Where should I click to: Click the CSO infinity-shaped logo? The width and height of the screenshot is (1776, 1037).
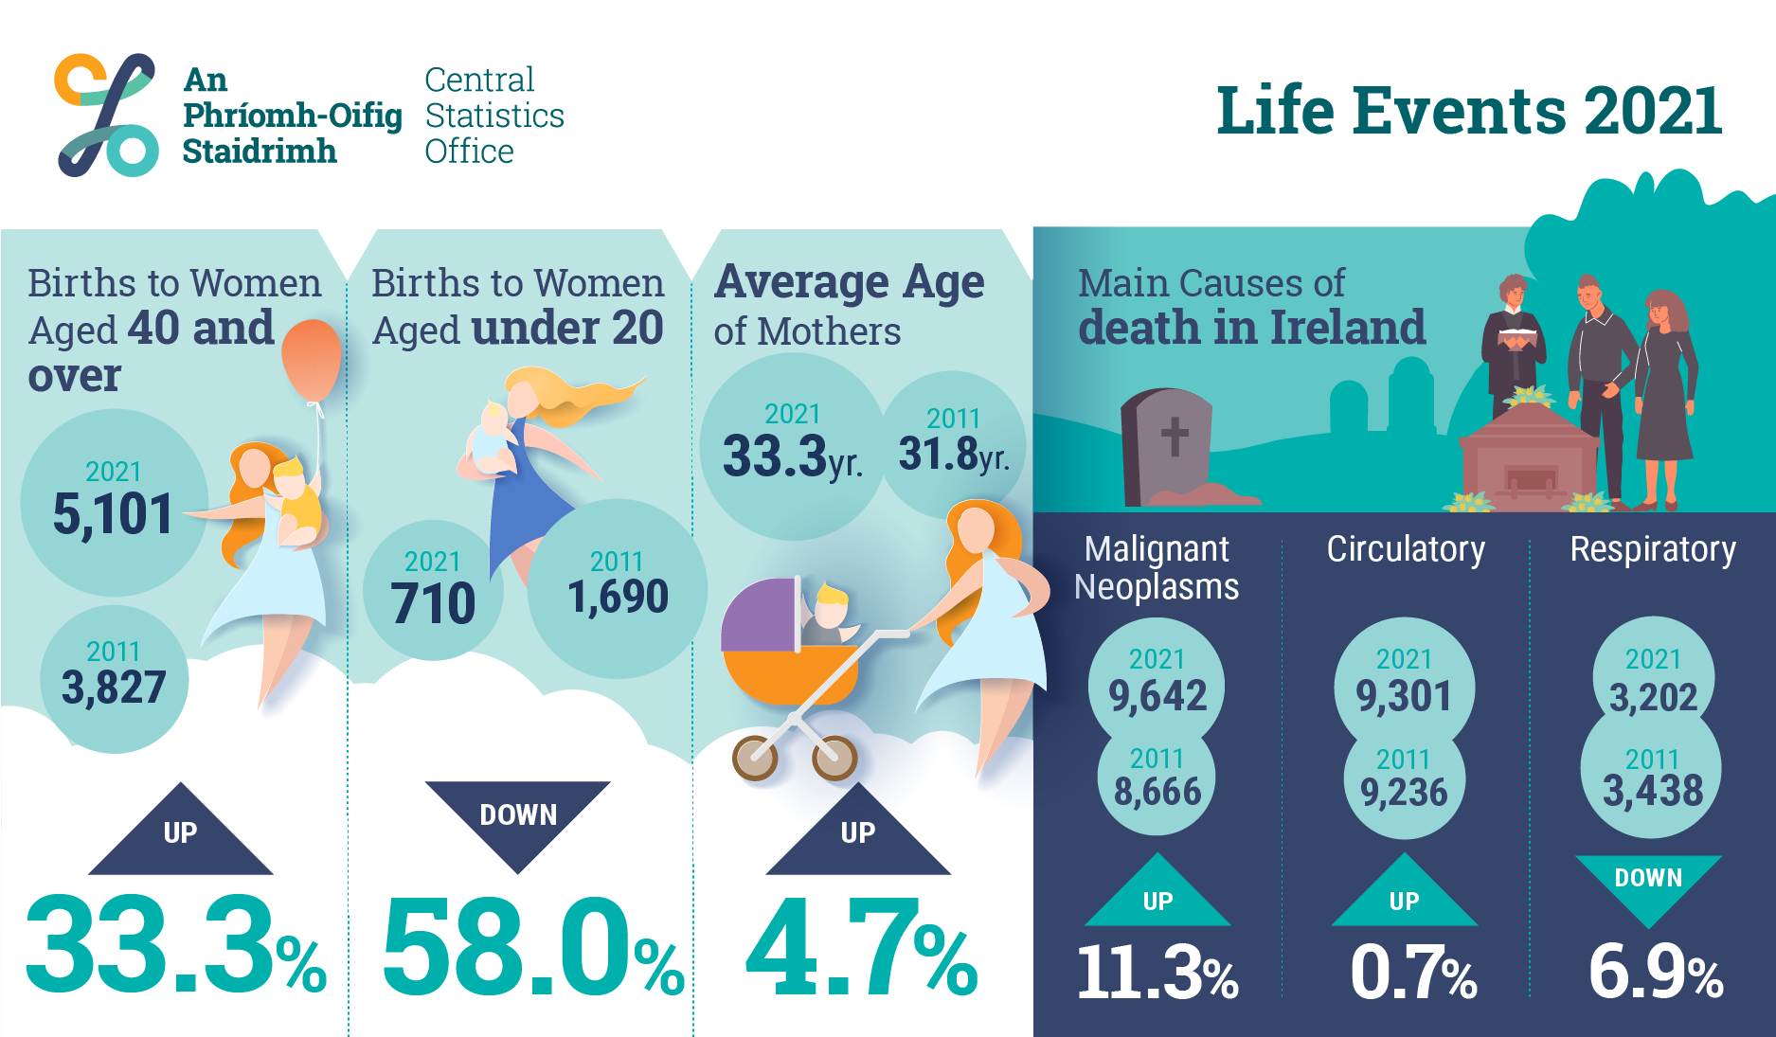106,115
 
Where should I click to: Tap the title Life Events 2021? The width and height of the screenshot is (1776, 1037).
1469,111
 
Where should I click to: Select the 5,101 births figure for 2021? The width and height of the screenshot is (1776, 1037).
113,514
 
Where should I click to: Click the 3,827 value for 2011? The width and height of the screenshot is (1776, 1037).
114,687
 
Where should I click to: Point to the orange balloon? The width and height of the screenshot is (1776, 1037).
312,360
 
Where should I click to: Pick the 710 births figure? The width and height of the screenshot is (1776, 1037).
433,603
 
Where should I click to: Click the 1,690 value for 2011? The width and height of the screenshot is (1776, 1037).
618,597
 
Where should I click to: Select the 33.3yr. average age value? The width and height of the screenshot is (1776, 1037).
792,456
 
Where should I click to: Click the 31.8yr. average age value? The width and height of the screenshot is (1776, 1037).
954,454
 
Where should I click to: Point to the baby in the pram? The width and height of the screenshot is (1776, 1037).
831,616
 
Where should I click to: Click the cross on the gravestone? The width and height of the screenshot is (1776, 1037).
1175,437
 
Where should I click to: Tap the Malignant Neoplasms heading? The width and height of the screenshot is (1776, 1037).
1157,567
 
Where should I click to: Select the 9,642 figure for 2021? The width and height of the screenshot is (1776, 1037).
1157,696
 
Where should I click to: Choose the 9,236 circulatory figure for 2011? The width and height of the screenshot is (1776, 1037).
1404,792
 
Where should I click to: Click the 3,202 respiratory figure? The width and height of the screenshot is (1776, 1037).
1653,698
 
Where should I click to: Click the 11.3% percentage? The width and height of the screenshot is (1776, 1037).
1157,973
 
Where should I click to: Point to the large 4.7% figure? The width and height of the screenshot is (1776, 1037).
862,947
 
